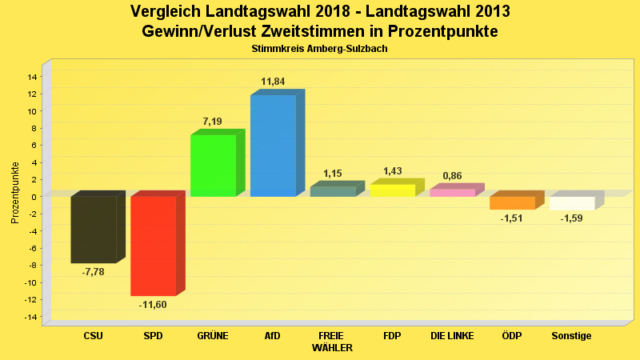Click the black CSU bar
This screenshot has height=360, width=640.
pos(94,230)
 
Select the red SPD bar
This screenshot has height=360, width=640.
pos(154,246)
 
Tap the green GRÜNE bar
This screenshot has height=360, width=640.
pos(213,166)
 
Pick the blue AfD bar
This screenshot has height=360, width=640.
pos(273,146)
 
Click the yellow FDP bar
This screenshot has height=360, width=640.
pos(392,190)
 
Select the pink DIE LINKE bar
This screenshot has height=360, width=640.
pos(452,193)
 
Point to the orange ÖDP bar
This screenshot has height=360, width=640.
pos(512,202)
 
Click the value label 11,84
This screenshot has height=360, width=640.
pos(273,82)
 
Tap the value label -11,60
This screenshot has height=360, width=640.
pos(153,304)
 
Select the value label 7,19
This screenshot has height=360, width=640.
pos(212,122)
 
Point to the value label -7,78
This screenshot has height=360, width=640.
pos(94,272)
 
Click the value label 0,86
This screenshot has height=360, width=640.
pos(452,176)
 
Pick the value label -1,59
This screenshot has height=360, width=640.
pos(571,218)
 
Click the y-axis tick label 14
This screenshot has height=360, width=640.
pos(32,77)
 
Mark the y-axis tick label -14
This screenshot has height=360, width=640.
pos(30,317)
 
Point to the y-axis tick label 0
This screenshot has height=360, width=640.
pos(34,197)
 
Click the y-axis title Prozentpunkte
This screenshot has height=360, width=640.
pos(15,193)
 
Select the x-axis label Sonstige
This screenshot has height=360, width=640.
pos(571,336)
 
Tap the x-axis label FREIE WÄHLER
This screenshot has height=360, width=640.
pos(332,342)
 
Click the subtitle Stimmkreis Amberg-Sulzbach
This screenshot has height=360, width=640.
pos(319,49)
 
